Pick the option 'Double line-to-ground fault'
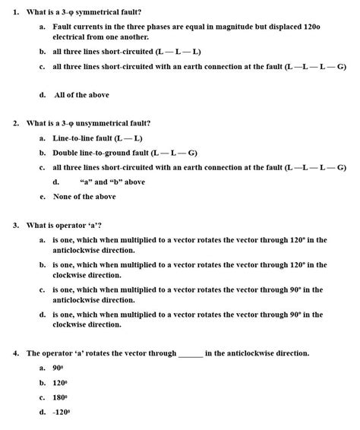point(114,153)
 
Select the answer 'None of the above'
point(84,196)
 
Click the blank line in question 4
point(190,354)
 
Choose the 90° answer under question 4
point(58,368)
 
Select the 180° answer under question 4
point(60,397)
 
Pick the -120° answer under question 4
point(61,412)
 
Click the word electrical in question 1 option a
point(74,36)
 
